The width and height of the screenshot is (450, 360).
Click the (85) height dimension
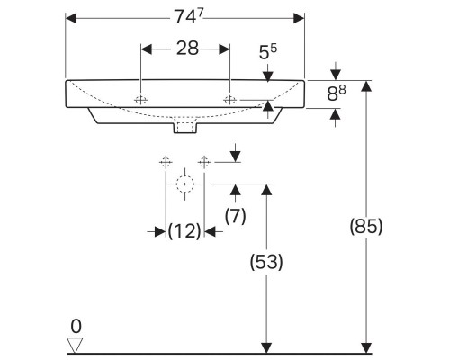pyautogui.click(x=365, y=227)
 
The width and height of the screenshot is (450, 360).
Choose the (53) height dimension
pyautogui.click(x=265, y=262)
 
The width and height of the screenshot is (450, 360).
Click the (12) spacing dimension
pyautogui.click(x=184, y=231)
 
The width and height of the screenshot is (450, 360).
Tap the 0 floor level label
pyautogui.click(x=76, y=325)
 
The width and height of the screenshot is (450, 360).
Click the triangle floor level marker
pyautogui.click(x=76, y=344)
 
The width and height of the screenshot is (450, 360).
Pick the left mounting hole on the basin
pyautogui.click(x=141, y=98)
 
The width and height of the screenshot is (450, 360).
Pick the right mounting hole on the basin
pyautogui.click(x=231, y=98)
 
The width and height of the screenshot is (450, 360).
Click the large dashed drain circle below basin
pyautogui.click(x=185, y=184)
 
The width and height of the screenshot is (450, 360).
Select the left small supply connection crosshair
pyautogui.click(x=166, y=162)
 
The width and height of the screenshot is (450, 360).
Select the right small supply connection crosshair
pyautogui.click(x=204, y=162)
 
